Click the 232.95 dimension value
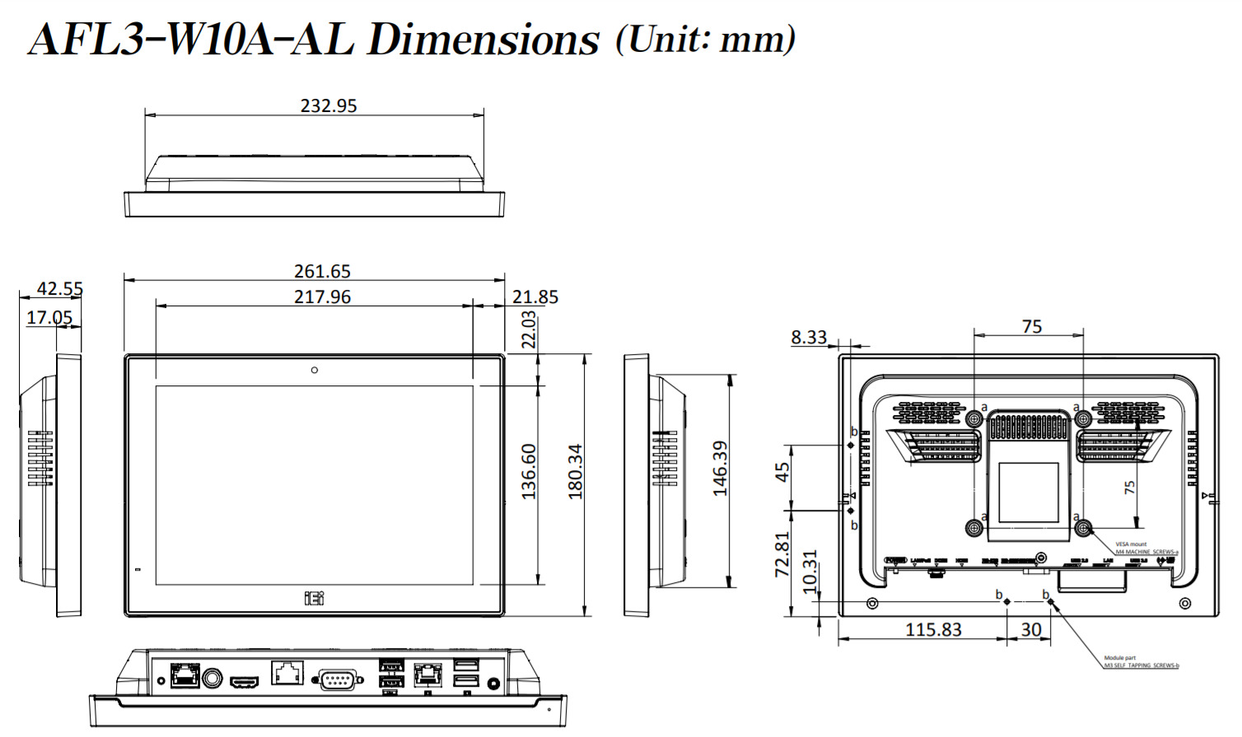click(329, 105)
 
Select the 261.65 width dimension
click(322, 271)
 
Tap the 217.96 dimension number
click(322, 296)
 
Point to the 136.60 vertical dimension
click(529, 472)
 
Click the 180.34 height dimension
click(575, 472)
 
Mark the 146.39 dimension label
click(721, 469)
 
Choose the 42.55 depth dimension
click(60, 288)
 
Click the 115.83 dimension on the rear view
click(933, 629)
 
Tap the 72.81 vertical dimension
click(782, 553)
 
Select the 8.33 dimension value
click(809, 337)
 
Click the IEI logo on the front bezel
click(315, 598)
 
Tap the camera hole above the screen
click(315, 371)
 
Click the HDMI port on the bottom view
click(244, 683)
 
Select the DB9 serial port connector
click(339, 680)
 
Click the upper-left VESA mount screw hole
click(974, 419)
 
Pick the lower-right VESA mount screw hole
click(1084, 528)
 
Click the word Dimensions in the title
click(483, 40)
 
